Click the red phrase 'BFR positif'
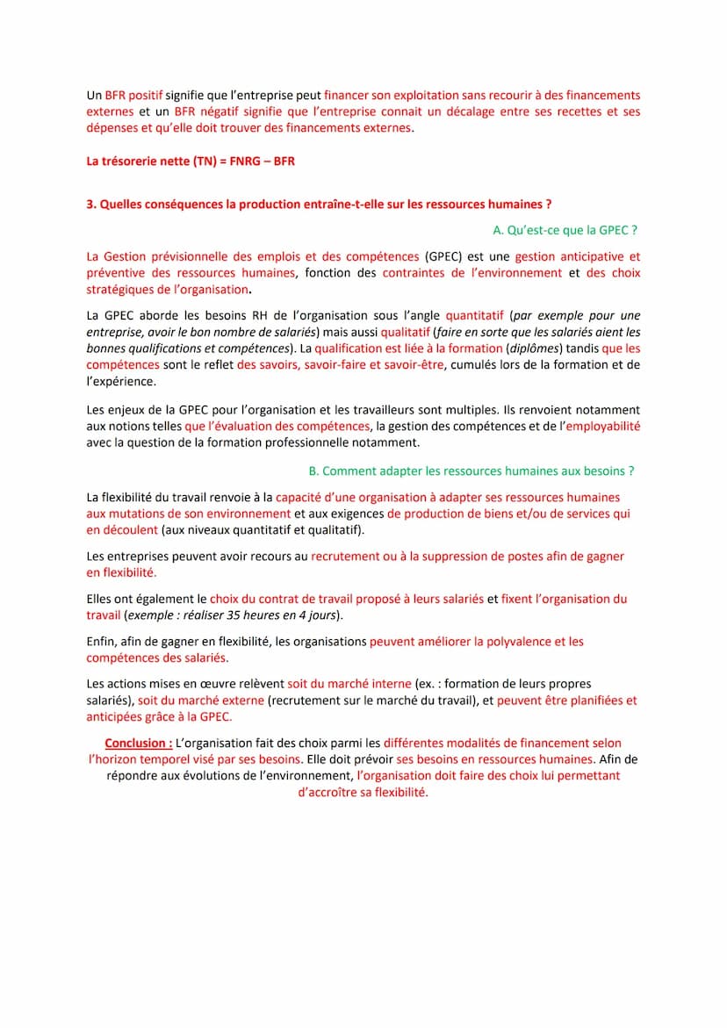(133, 95)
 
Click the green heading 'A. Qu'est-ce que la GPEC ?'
(565, 230)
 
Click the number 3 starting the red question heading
(90, 205)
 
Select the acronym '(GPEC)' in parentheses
(443, 256)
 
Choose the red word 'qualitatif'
(405, 332)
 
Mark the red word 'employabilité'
(602, 426)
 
